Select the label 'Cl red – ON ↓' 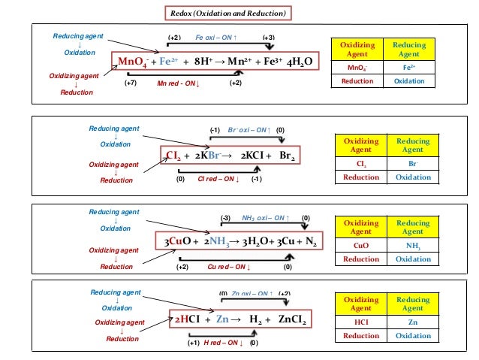218,180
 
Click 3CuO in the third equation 182,241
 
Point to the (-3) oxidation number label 224,218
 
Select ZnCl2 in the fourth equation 293,319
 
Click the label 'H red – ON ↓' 223,343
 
